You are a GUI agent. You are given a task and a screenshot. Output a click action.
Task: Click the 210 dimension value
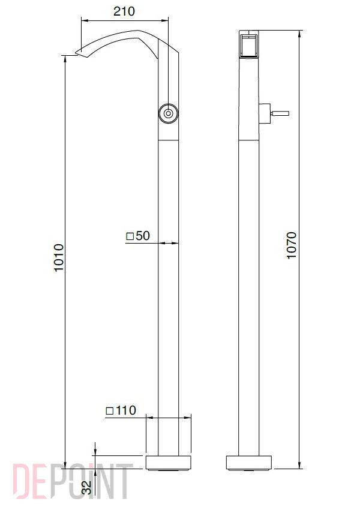124,11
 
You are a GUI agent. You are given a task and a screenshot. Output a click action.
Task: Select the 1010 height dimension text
59,258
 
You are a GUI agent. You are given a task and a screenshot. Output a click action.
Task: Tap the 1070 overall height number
292,245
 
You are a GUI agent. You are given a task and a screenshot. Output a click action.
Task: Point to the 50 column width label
143,236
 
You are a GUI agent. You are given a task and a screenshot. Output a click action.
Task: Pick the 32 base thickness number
87,488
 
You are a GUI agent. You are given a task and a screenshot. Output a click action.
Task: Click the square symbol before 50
130,236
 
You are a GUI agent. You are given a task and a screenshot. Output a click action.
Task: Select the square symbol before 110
110,411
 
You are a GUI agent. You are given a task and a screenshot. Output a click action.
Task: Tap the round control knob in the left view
168,113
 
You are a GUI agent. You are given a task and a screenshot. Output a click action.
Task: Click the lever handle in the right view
280,113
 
